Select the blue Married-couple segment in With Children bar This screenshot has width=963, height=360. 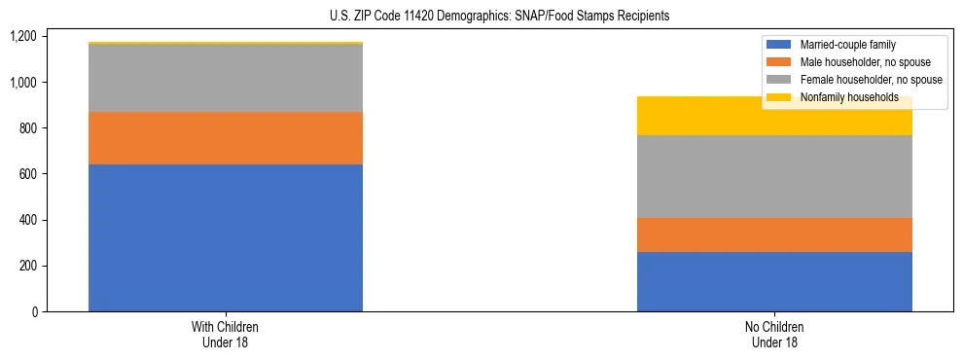pyautogui.click(x=226, y=237)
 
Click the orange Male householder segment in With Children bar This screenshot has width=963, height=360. pyautogui.click(x=226, y=138)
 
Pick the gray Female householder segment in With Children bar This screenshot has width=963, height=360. pyautogui.click(x=226, y=78)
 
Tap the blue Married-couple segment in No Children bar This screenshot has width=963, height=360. pyautogui.click(x=774, y=281)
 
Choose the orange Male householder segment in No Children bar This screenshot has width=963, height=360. pyautogui.click(x=774, y=234)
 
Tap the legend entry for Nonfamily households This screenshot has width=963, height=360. pyautogui.click(x=849, y=97)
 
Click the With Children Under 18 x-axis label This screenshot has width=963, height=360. pyautogui.click(x=226, y=334)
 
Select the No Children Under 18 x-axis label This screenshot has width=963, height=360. pyautogui.click(x=774, y=334)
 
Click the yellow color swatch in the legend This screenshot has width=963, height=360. pyautogui.click(x=779, y=97)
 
